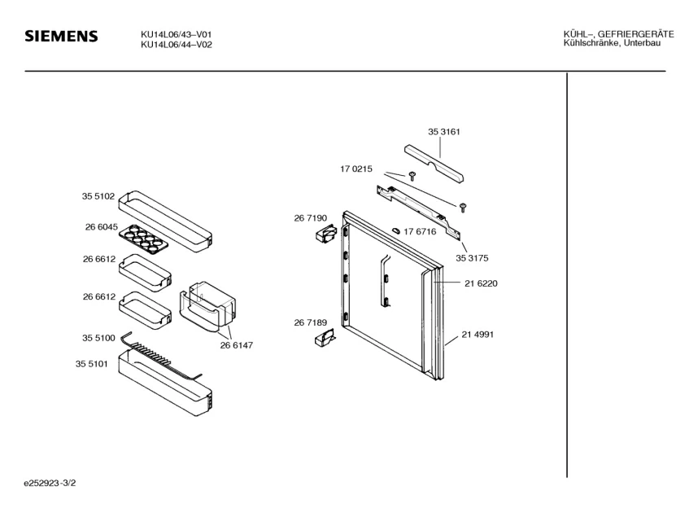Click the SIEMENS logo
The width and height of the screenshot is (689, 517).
click(61, 37)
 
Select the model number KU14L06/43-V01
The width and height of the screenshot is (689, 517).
click(177, 34)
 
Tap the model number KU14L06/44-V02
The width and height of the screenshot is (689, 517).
click(177, 45)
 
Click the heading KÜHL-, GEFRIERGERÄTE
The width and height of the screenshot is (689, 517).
click(618, 34)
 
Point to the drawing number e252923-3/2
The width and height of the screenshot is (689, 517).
click(50, 484)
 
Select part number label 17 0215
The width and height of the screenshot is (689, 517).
click(355, 169)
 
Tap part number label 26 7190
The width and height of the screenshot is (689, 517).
click(310, 218)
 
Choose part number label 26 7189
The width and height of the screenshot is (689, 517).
click(310, 323)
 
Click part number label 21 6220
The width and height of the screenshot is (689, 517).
click(481, 283)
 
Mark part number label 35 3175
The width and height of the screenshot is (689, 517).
click(472, 257)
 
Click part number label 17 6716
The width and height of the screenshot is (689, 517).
click(420, 232)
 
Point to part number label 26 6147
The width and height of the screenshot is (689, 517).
click(236, 345)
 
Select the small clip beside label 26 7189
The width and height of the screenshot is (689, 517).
click(325, 337)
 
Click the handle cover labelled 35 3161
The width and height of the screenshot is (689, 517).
click(434, 163)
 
